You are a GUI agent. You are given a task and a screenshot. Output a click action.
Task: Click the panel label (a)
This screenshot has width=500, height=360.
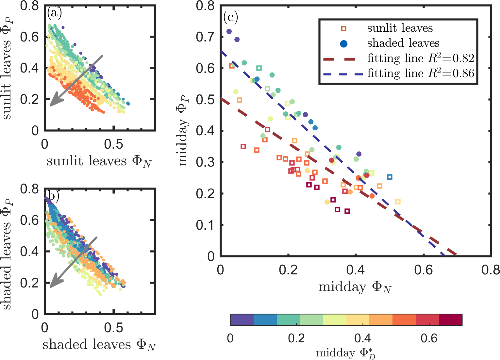coord(54,13)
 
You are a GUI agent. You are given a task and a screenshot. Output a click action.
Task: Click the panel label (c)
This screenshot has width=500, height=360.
coord(230,17)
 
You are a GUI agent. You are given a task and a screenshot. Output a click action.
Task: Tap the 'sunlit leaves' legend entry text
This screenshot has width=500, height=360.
coord(400,28)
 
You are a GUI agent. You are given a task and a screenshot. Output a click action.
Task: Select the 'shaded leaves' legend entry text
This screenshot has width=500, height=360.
coord(403,43)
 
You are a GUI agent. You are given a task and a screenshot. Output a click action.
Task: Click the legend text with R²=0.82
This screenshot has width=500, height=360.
coord(420,58)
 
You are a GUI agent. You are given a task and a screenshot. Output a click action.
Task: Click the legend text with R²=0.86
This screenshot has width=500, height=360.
coord(420,73)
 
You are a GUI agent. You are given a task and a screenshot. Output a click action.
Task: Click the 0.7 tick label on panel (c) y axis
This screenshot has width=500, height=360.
coord(205,37)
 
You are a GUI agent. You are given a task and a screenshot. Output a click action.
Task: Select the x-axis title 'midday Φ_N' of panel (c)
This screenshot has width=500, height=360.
coord(355,287)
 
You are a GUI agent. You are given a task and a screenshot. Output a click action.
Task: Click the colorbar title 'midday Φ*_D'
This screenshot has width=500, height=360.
coord(346,353)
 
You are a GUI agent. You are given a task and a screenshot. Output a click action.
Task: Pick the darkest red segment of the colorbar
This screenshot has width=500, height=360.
coord(450,320)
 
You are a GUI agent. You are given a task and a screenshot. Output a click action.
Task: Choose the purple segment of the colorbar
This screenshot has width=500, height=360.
coord(242,320)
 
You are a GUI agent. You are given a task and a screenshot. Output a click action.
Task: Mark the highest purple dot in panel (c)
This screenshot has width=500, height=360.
coord(229,31)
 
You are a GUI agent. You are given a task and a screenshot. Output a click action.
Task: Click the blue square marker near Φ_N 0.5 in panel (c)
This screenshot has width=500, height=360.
coord(390,177)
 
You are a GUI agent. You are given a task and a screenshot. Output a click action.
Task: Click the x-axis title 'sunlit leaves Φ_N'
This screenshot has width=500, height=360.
coord(99,161)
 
